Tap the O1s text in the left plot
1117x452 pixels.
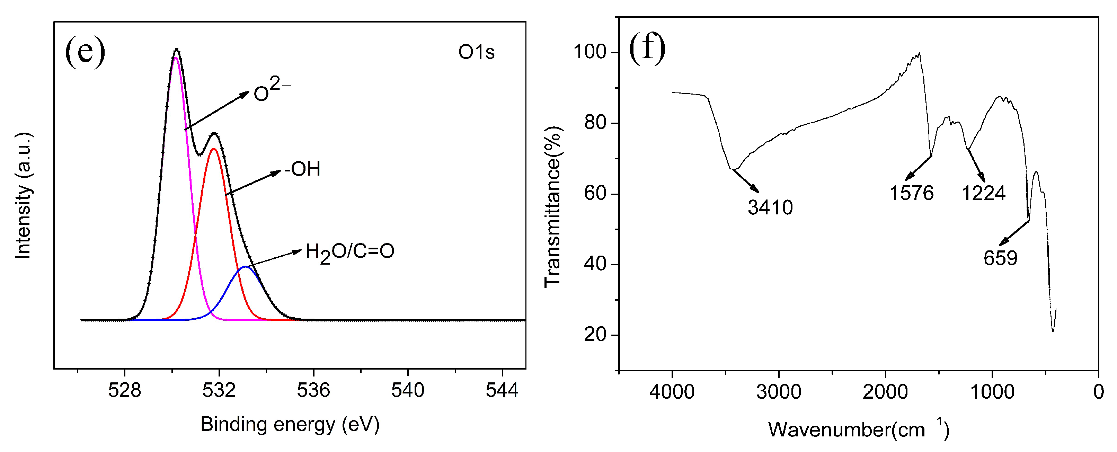click(x=476, y=53)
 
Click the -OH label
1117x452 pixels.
click(x=302, y=169)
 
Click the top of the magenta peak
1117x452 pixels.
click(x=176, y=58)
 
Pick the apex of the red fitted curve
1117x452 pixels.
click(x=213, y=149)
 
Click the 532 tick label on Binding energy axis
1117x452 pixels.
click(x=219, y=391)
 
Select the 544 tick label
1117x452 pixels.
click(x=502, y=391)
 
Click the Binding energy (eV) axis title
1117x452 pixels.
click(x=290, y=424)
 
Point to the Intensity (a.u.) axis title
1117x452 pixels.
click(x=24, y=196)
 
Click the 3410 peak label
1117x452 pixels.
click(x=770, y=208)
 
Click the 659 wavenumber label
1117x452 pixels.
click(x=1000, y=258)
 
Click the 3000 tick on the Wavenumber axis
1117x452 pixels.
click(x=779, y=392)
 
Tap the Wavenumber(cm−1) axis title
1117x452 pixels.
click(x=859, y=429)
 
